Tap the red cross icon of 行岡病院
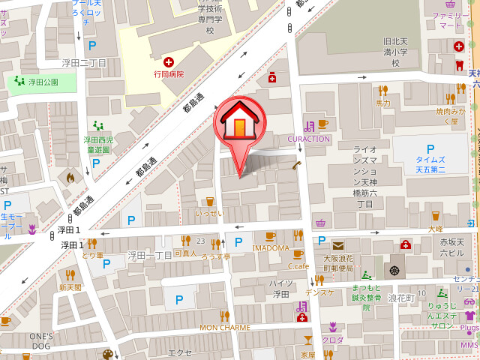pyautogui.click(x=169, y=61)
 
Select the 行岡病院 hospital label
pyautogui.click(x=169, y=74)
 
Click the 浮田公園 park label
pyautogui.click(x=43, y=82)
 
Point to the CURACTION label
pyautogui.click(x=309, y=139)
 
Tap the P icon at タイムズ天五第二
pyautogui.click(x=430, y=148)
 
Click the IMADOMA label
pyautogui.click(x=271, y=247)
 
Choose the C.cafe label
pyautogui.click(x=298, y=265)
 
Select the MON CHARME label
pyautogui.click(x=224, y=328)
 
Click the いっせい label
pyautogui.click(x=209, y=213)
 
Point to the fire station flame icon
pyautogui.click(x=70, y=178)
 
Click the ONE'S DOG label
pyautogui.click(x=42, y=340)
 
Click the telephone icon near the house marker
pyautogui.click(x=297, y=166)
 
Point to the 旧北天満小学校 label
pyautogui.click(x=394, y=52)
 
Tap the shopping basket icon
pyautogui.click(x=320, y=223)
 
